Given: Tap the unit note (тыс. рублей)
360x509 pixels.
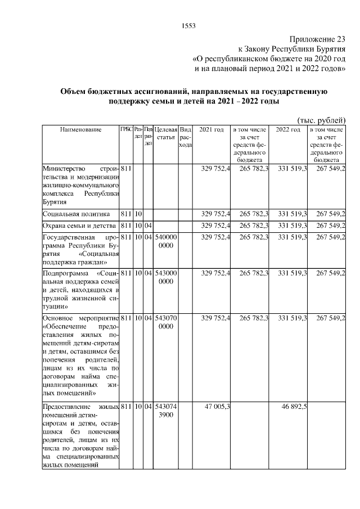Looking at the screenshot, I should pos(321,120).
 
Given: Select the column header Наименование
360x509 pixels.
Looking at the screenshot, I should pos(81,130).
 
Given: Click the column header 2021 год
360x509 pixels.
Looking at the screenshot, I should pos(211,130).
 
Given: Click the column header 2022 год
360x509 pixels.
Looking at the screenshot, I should pos(287,130).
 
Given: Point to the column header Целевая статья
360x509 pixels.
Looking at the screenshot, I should pos(166,134).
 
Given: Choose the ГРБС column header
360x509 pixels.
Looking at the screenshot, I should pos(125,130).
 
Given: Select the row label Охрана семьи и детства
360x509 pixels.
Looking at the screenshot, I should pos(78,226).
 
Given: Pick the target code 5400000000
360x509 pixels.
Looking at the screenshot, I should pos(166,241).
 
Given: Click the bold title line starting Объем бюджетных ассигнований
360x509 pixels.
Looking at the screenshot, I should pos(193,91).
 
